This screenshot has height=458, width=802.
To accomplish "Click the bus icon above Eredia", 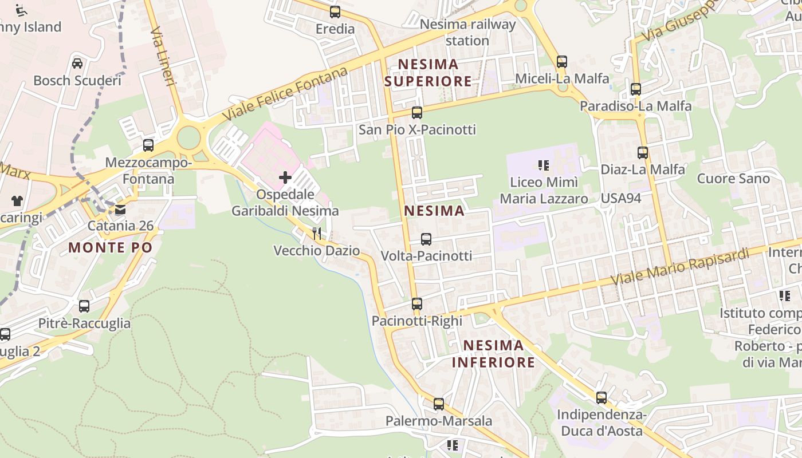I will pos(335,11).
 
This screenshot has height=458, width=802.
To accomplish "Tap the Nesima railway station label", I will pos(467,33).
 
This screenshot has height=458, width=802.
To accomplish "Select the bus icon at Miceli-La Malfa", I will pos(562,62).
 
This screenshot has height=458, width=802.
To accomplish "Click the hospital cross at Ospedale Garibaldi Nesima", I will pos(285,177).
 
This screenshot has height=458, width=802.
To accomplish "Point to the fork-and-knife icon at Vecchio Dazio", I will pos(317,234).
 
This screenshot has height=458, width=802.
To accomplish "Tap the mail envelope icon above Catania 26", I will pos(120,210).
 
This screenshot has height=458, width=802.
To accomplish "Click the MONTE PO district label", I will pos(111,247).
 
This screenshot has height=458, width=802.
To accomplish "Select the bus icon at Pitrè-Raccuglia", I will pos(84,306).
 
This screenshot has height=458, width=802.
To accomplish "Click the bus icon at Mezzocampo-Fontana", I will pos(148,145).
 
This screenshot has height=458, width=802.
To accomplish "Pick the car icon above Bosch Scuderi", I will pos(77,63).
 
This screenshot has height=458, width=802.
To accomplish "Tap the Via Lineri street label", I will pos(163,57).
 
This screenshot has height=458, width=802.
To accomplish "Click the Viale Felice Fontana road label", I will pos(285,94).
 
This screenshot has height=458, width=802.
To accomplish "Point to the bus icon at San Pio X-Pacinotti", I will pos(417,113).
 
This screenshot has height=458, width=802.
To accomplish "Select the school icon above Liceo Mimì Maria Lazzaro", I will pos(544,166).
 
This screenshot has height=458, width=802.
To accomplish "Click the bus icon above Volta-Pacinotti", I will pos(426,239).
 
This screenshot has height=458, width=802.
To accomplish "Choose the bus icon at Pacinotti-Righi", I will pos(417,304).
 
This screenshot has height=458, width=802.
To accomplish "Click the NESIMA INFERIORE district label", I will pos(493,354).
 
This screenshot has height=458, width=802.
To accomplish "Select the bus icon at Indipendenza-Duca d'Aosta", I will pos(601,398).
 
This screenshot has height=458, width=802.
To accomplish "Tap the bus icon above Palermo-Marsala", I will pos(439,404).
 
